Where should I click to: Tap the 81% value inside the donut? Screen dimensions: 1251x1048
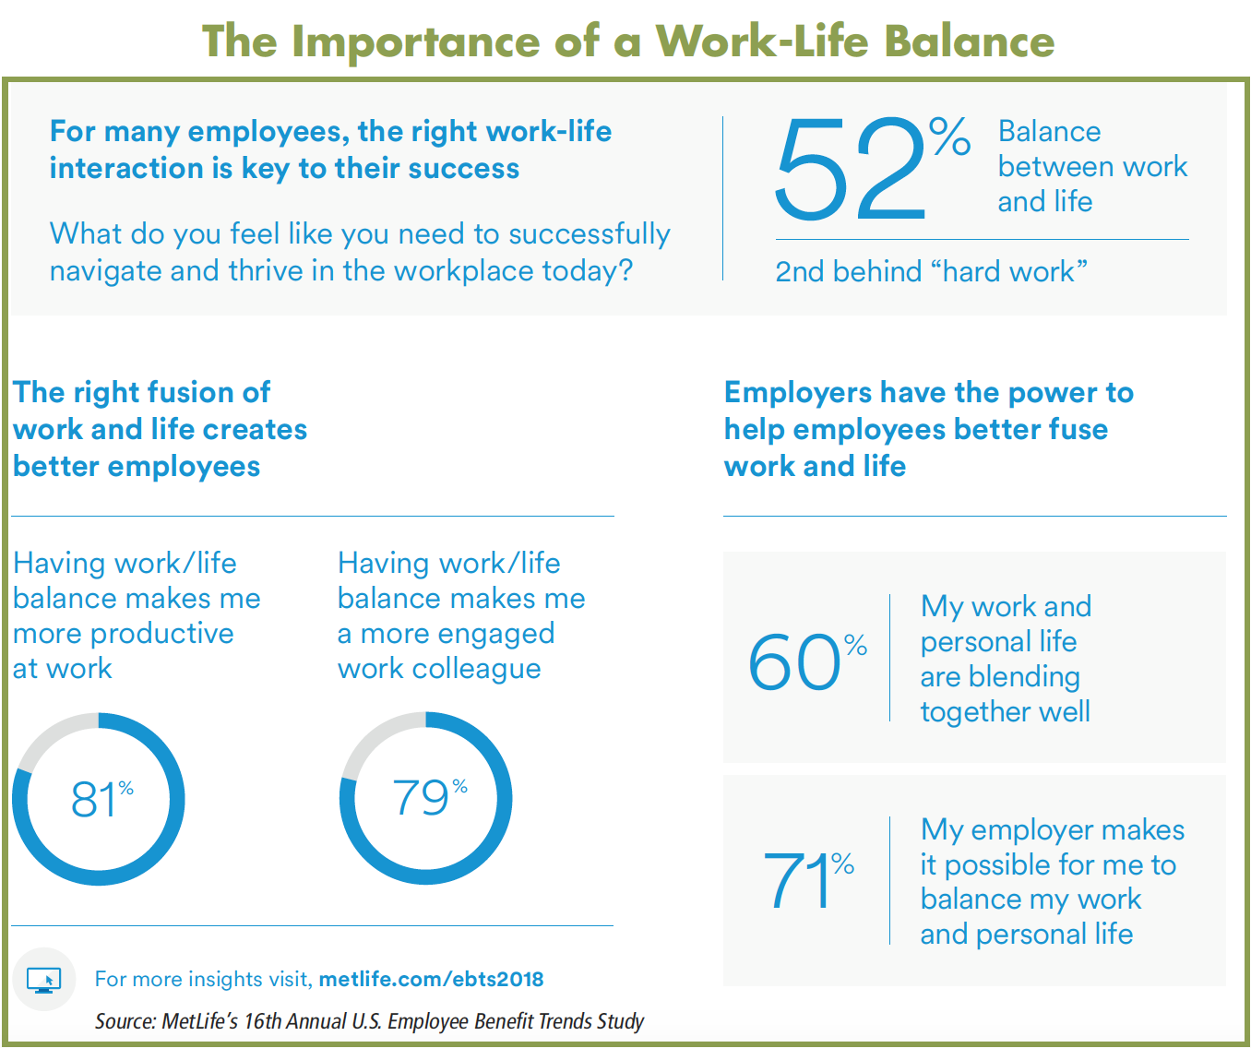[x=101, y=798]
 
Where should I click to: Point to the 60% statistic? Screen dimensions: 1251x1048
[x=807, y=661]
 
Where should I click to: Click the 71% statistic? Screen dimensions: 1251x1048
[x=809, y=879]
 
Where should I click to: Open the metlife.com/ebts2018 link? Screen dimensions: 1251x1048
[x=431, y=979]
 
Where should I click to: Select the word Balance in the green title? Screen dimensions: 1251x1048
[x=969, y=41]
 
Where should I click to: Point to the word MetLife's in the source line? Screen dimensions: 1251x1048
[x=201, y=1021]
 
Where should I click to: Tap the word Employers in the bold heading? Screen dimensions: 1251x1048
[x=797, y=394]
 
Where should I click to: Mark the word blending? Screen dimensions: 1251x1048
[x=1025, y=678]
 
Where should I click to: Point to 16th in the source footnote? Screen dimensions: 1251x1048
[x=262, y=1021]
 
